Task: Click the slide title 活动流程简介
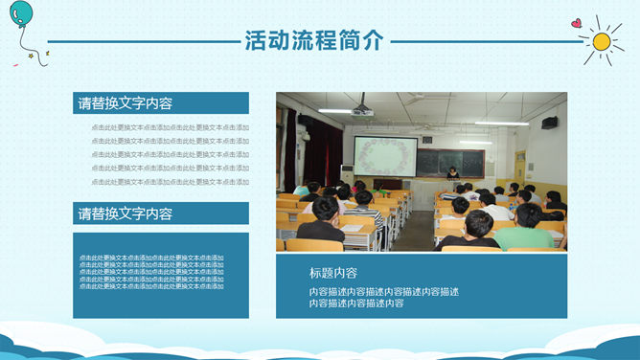(x=314, y=40)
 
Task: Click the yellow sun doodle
(x=602, y=41)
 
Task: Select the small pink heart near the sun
(x=575, y=23)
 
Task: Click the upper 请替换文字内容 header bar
(x=161, y=103)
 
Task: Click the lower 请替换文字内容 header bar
(x=161, y=214)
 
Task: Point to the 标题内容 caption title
(x=333, y=272)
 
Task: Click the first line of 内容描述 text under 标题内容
(x=383, y=291)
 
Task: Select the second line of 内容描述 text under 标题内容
(x=355, y=304)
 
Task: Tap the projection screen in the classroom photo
(x=385, y=155)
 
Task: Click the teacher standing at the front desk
(x=452, y=173)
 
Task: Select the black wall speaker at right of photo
(x=549, y=123)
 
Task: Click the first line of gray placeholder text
(x=170, y=127)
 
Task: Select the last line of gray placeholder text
(x=170, y=182)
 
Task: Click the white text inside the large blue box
(x=151, y=272)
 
